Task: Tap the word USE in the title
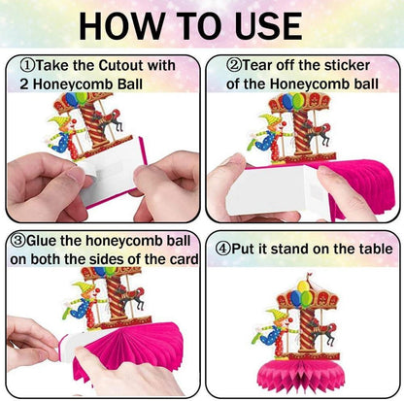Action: (268, 26)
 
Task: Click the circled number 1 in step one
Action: (27, 66)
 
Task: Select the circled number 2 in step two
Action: (234, 66)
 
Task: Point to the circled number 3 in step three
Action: (17, 241)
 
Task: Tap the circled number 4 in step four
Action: (222, 250)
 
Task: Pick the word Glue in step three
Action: (41, 241)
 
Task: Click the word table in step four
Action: (376, 250)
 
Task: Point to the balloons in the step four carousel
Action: (302, 295)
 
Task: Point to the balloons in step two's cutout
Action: (293, 101)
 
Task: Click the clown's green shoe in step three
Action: (67, 312)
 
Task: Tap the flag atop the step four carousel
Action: (308, 277)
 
